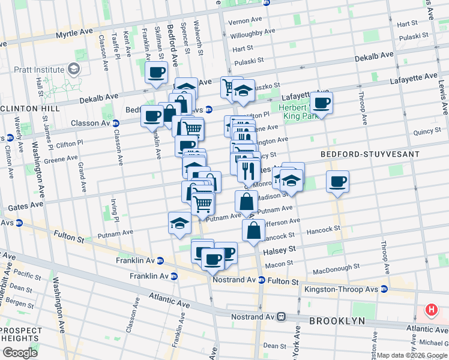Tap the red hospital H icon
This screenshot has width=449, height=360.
click(430, 310)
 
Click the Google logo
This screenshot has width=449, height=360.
click(19, 352)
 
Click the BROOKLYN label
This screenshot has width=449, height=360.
click(337, 321)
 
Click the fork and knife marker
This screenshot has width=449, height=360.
click(248, 170)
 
